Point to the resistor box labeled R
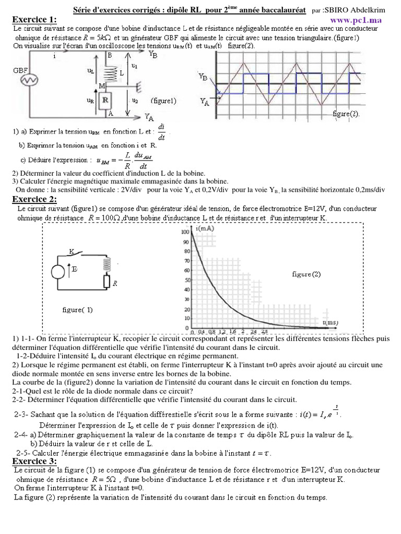tap(104, 99)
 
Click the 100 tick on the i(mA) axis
tap(185, 232)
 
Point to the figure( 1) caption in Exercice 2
tap(77, 310)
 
